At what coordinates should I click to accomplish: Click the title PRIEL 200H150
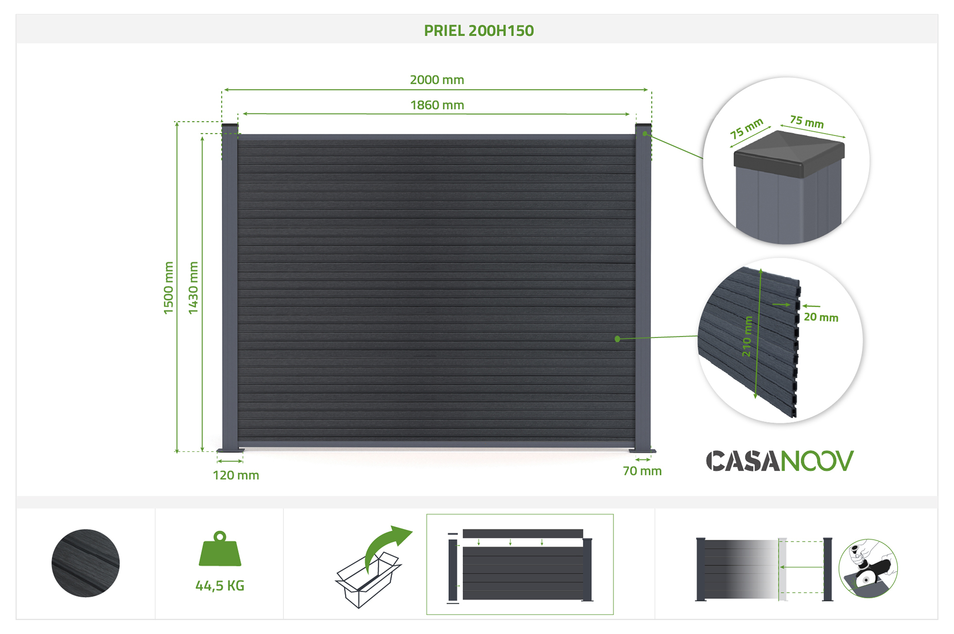coord(478,31)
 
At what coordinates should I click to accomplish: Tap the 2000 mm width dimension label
coord(437,80)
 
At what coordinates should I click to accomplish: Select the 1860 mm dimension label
coord(437,105)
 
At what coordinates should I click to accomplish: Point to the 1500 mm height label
coord(168,288)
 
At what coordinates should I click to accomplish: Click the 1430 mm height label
coord(193,288)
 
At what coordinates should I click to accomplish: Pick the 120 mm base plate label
coord(236,475)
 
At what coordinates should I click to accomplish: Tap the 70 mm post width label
coord(642,471)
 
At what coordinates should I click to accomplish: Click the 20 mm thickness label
coord(821,317)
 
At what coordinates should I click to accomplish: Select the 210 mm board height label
coord(747,336)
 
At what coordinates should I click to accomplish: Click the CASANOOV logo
coord(779,461)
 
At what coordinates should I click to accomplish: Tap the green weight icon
coord(220,549)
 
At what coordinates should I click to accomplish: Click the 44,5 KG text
coord(220,586)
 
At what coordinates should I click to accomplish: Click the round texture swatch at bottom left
coord(86,563)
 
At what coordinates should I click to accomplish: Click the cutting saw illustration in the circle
coord(868,568)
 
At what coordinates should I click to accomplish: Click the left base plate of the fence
coord(230,450)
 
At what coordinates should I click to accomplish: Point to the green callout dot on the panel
coord(617,339)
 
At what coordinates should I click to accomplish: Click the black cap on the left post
coord(230,125)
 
